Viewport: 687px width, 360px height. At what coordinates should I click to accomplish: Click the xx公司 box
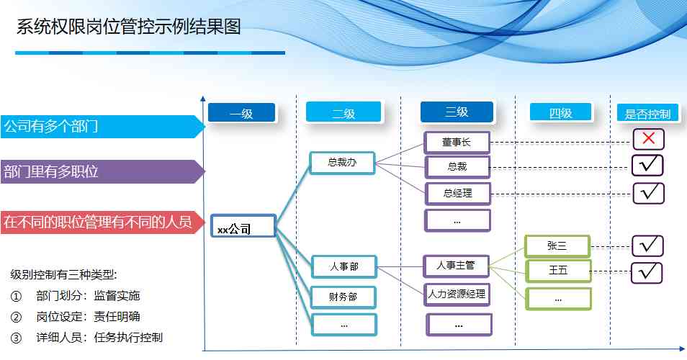pos(243,226)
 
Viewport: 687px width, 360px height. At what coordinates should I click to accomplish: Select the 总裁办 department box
pos(342,163)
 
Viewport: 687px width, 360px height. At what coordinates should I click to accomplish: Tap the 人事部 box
pos(344,266)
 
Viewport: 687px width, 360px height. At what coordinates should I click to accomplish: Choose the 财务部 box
pos(343,297)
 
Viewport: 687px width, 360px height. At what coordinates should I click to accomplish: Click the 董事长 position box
pos(457,143)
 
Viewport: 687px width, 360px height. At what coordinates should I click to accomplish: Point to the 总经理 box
pos(458,194)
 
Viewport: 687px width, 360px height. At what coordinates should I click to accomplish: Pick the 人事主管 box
pos(456,266)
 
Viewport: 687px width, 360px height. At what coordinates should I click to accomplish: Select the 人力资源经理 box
pos(457,294)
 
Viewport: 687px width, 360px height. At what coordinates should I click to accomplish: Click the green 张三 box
pos(557,246)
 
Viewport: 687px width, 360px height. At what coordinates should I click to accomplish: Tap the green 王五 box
pos(559,271)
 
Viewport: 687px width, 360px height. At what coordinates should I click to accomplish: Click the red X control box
pos(648,139)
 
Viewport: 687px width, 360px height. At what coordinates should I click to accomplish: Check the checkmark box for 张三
pos(647,246)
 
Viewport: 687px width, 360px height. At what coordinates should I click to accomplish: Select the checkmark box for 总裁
pos(647,165)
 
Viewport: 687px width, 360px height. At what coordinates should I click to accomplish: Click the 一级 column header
pos(241,113)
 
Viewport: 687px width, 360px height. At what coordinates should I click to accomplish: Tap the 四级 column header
pos(560,112)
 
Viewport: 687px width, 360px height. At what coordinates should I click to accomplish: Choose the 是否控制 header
pos(648,114)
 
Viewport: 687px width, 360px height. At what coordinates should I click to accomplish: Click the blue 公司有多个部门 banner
pos(102,127)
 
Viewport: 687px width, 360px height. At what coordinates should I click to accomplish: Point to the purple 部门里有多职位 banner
pos(102,171)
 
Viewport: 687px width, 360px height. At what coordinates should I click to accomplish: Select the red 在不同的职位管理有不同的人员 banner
pos(102,222)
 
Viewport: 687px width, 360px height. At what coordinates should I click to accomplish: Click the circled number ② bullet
pos(17,317)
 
